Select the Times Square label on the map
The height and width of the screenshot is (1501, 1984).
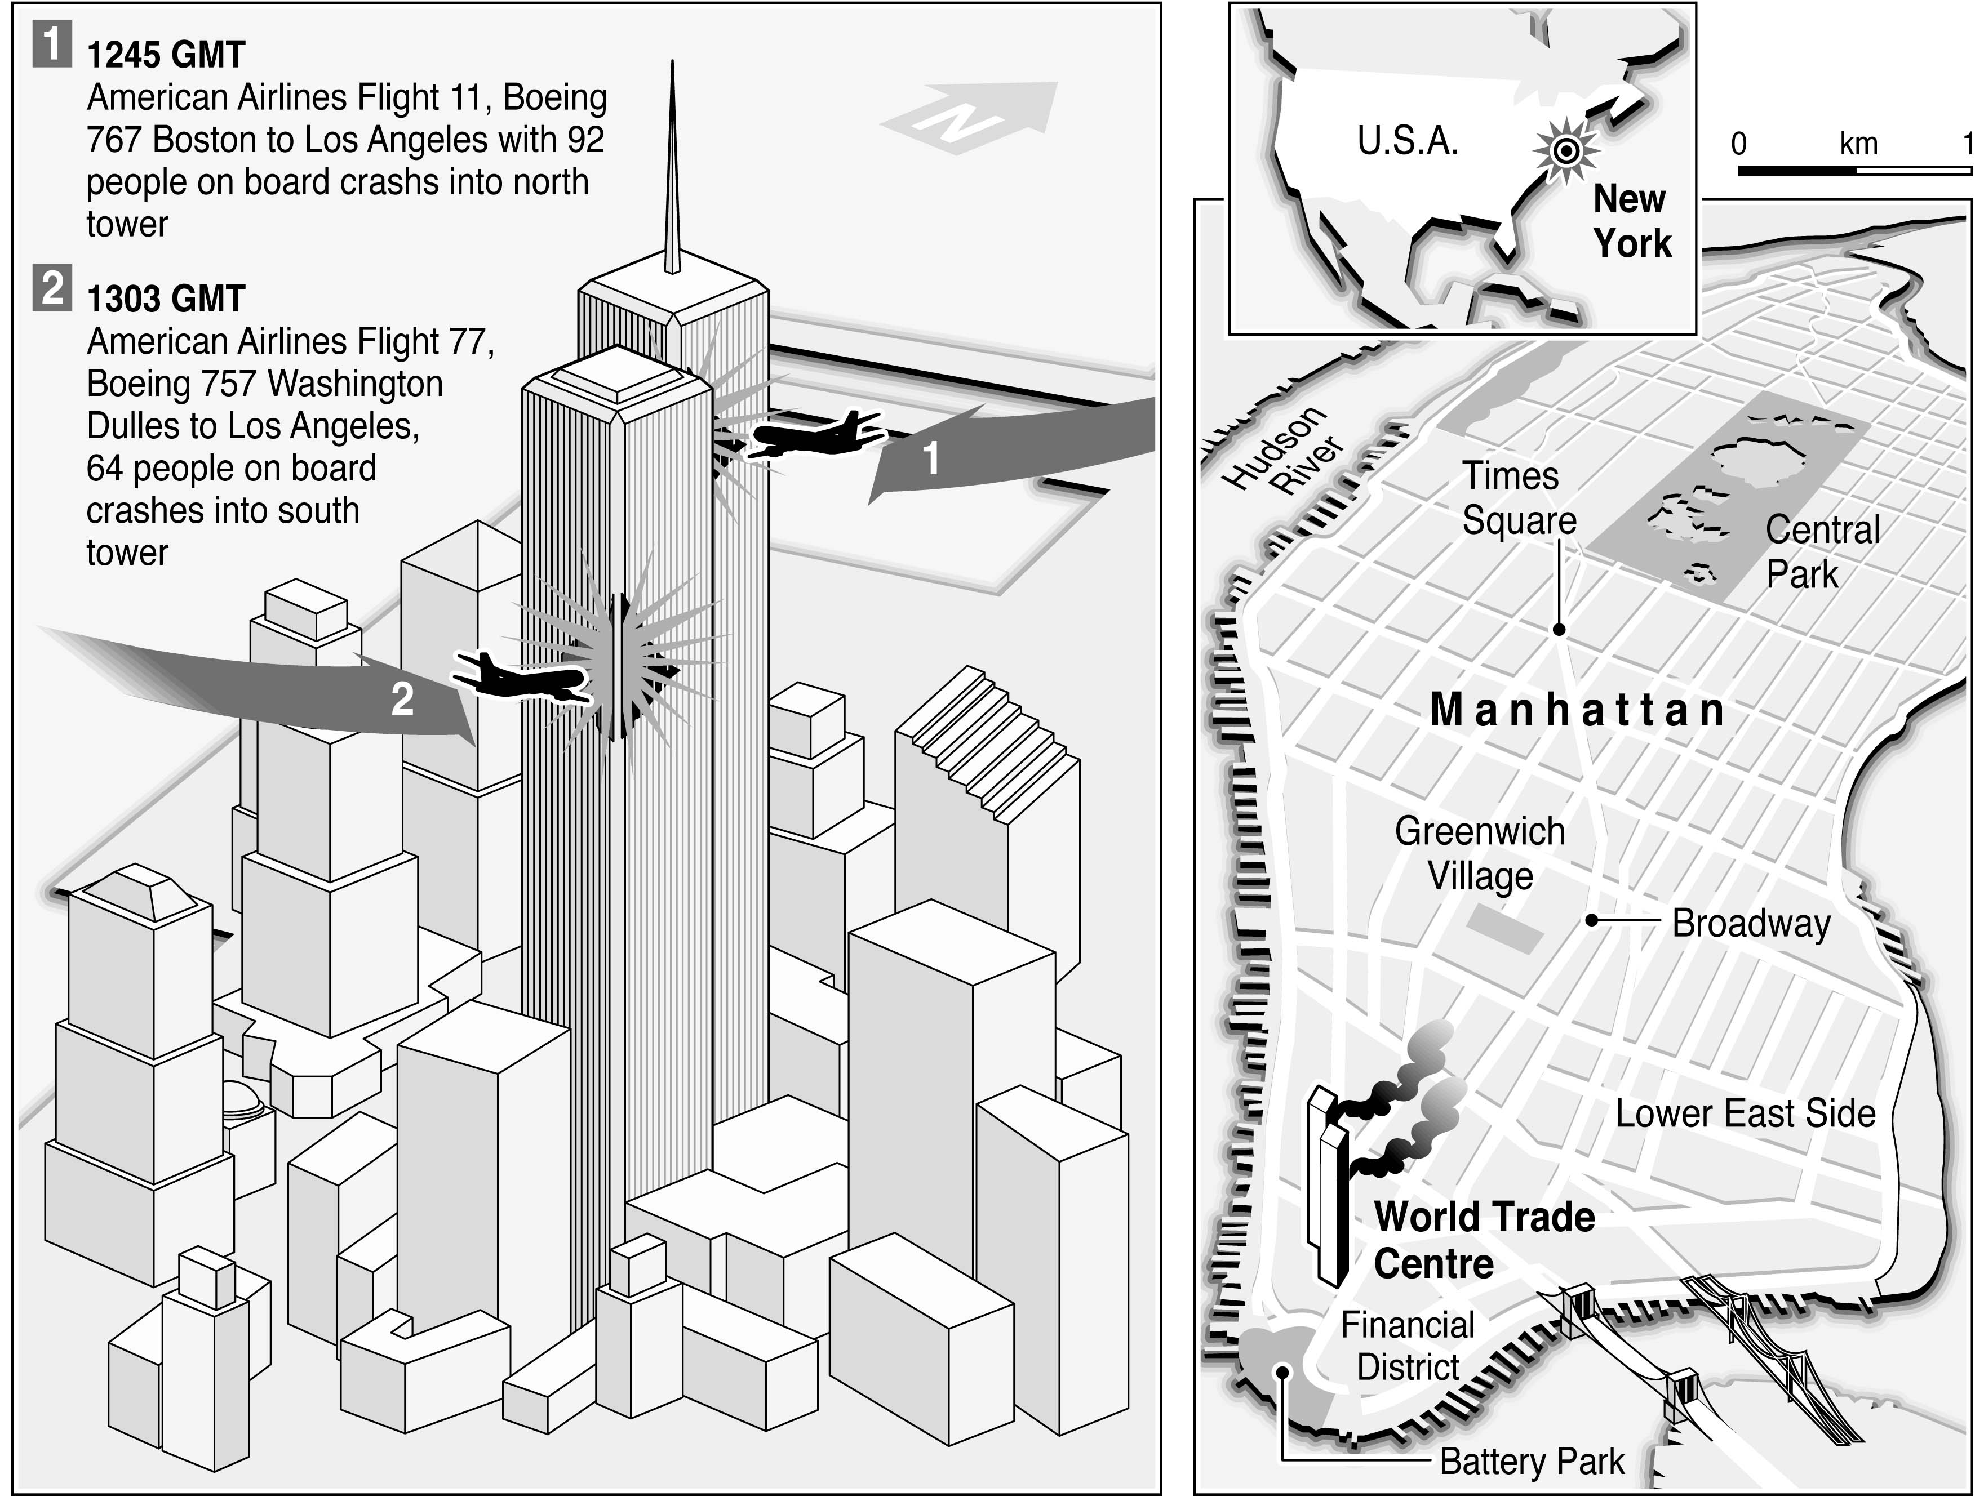click(x=1519, y=498)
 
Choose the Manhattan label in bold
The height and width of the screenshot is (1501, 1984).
click(x=1576, y=710)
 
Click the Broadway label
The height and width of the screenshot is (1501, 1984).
click(x=1751, y=924)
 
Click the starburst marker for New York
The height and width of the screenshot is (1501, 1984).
click(x=1566, y=150)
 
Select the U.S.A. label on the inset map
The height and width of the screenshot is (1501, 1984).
click(x=1407, y=141)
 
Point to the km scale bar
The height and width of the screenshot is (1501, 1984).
click(x=1852, y=168)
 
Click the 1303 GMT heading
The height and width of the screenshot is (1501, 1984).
click(x=166, y=299)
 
